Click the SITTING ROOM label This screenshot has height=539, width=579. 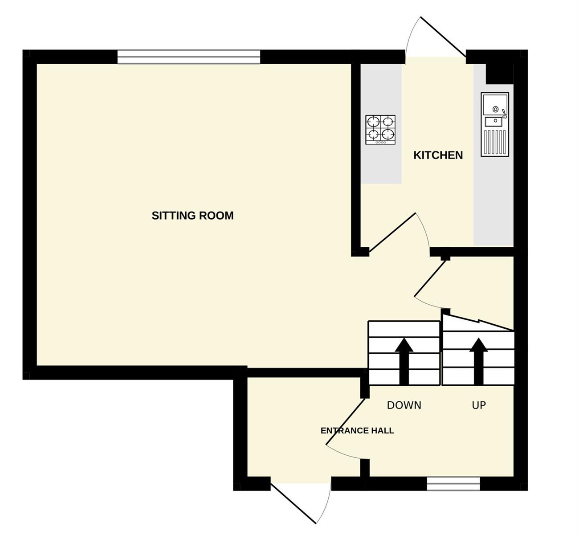click(x=192, y=216)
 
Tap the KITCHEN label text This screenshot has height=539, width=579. click(x=438, y=155)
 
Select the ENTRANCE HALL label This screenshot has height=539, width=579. click(x=357, y=430)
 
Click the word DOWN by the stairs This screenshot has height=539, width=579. click(x=404, y=405)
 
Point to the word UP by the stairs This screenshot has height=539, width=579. click(x=479, y=405)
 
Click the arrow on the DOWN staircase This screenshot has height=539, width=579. click(x=404, y=361)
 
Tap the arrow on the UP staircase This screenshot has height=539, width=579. click(x=479, y=361)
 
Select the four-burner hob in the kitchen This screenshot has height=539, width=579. click(x=380, y=130)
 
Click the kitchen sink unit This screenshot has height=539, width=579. click(x=495, y=125)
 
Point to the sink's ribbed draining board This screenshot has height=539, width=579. click(x=495, y=143)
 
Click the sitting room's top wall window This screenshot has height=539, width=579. click(x=189, y=57)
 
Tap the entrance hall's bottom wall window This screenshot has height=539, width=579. click(x=453, y=484)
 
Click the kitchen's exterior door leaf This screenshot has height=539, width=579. click(x=443, y=37)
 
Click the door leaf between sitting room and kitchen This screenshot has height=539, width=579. click(x=392, y=232)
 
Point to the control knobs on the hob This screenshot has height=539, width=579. click(x=380, y=143)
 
